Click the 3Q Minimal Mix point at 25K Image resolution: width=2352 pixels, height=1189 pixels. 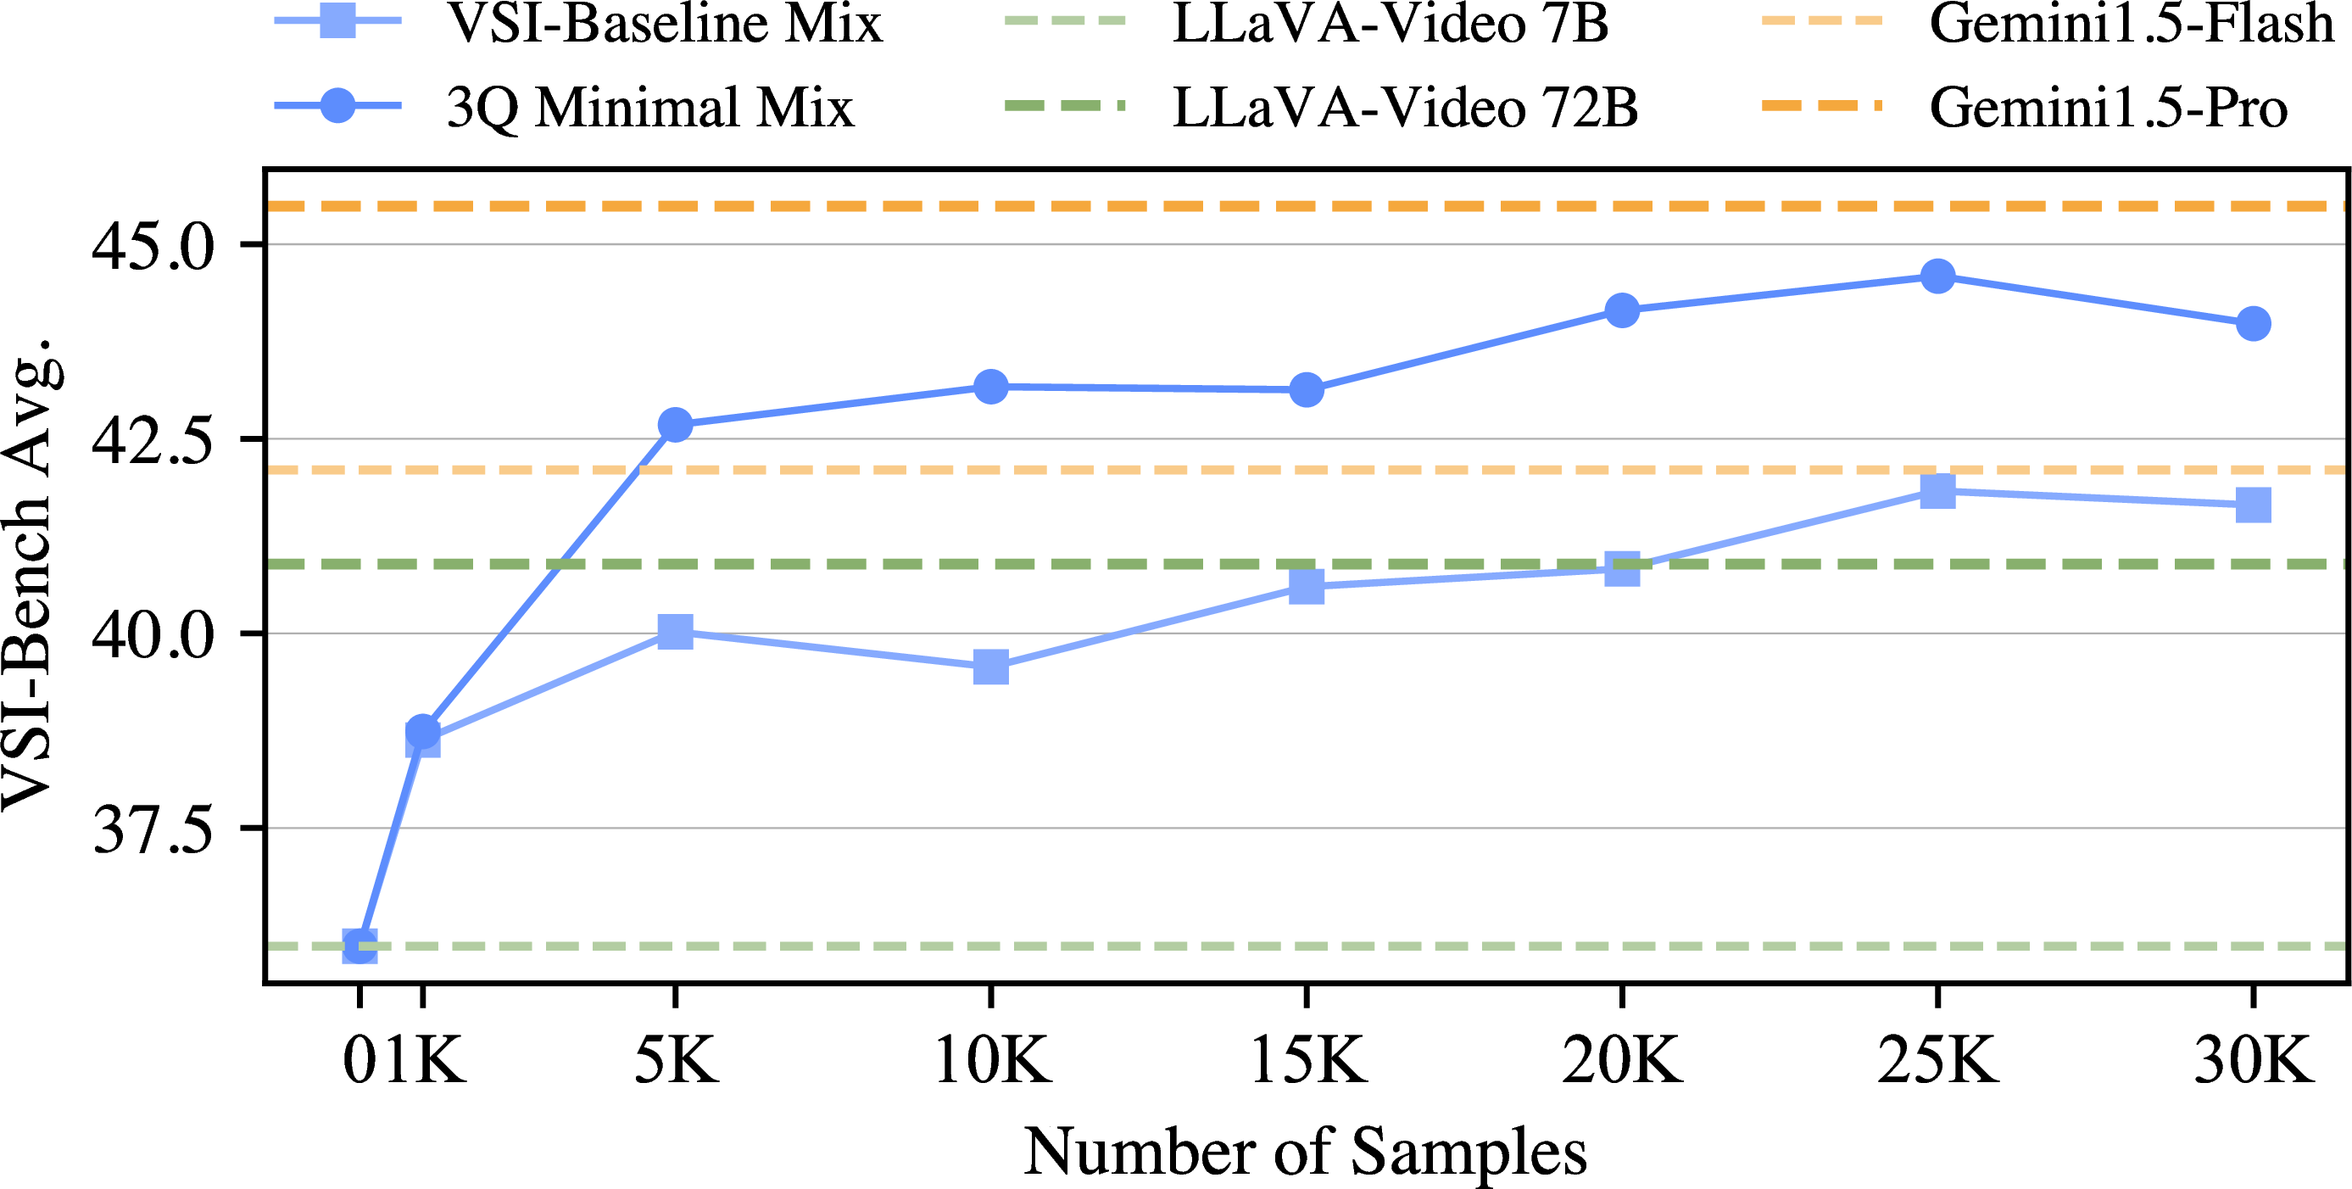pos(1937,276)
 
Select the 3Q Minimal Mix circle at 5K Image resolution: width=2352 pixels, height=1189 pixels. pos(675,425)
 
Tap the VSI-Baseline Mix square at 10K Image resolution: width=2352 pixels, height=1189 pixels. pos(990,667)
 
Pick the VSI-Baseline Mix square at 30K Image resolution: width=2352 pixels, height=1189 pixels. pos(2254,504)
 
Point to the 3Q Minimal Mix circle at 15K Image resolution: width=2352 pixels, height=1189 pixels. pos(1307,390)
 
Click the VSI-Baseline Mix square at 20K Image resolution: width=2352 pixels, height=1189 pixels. pos(1622,568)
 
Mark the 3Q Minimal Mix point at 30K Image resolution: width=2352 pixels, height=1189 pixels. pos(2254,323)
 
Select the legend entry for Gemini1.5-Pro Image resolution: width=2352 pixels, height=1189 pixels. pos(2108,107)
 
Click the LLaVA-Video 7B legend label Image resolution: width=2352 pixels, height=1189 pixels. pos(1390,24)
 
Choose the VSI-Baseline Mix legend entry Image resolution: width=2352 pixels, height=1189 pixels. pos(664,24)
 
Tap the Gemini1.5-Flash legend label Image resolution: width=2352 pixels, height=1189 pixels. pos(2131,24)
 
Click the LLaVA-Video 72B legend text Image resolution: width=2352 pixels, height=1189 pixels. pos(1404,107)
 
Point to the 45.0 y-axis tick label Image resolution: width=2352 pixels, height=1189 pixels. pos(153,246)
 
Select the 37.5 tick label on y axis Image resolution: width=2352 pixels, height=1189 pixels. pos(153,829)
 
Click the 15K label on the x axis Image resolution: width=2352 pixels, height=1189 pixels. pos(1307,1060)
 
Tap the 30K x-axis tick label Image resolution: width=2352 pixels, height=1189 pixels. pos(2254,1060)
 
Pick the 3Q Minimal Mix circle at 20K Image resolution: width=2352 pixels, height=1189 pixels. pos(1622,310)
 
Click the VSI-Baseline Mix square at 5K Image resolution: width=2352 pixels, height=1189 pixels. pos(675,631)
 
